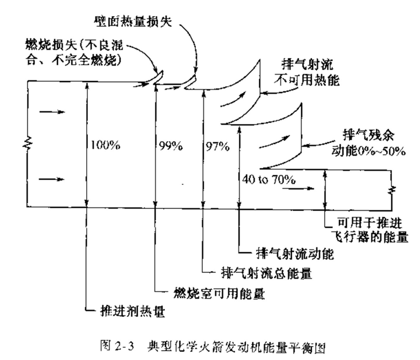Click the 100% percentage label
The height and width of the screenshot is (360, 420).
point(105,145)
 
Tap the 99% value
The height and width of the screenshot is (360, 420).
point(171,146)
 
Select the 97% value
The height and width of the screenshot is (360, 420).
point(218,146)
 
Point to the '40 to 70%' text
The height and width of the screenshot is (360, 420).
point(269,179)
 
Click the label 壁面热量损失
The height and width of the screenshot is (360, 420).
point(133,21)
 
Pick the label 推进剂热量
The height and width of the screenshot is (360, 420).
point(132,311)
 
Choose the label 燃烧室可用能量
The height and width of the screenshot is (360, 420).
point(219,293)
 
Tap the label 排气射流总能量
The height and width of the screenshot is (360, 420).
point(267,273)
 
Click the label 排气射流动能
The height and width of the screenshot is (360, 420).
point(295,253)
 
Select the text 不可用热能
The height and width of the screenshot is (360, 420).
point(307,80)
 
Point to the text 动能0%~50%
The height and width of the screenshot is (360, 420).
point(368,151)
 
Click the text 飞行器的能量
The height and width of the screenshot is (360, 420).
point(371,237)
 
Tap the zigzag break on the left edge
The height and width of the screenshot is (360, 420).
point(28,143)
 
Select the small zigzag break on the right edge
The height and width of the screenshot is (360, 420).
point(392,190)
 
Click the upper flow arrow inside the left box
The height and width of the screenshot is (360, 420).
point(52,111)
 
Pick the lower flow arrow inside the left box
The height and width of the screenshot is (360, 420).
point(52,179)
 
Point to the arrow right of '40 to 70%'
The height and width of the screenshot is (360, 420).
point(298,188)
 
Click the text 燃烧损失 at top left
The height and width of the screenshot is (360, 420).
point(51,44)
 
